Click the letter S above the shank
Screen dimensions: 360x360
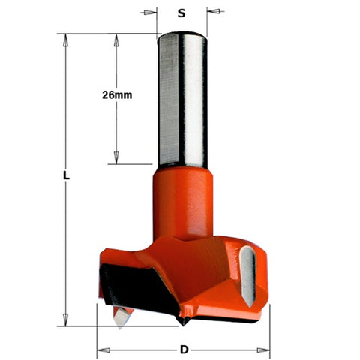coord(181,12)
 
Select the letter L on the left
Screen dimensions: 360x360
coord(66,176)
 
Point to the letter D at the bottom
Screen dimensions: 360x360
coord(184,349)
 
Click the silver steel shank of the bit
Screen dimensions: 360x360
coord(182,97)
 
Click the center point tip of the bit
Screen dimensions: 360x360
coord(182,322)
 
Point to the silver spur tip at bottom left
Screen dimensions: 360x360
coord(118,317)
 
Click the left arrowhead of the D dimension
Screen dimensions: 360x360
coord(102,349)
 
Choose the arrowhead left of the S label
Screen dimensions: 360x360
coord(152,12)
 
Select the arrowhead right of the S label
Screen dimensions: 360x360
coord(212,12)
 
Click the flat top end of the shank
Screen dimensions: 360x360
coord(182,34)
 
